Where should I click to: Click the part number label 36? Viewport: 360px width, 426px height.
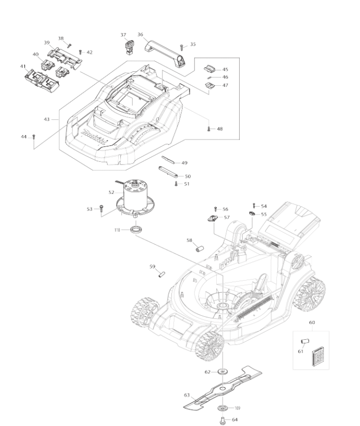[140, 35]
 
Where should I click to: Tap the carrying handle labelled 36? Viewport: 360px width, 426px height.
[165, 52]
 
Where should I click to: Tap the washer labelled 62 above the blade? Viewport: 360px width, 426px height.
[222, 371]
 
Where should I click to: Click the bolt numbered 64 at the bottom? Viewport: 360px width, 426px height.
[222, 420]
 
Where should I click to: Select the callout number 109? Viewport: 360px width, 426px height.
[237, 408]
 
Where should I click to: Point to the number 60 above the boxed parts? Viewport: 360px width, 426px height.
[312, 323]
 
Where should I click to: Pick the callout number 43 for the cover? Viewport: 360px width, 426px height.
[47, 119]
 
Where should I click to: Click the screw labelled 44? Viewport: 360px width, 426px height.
[34, 137]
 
